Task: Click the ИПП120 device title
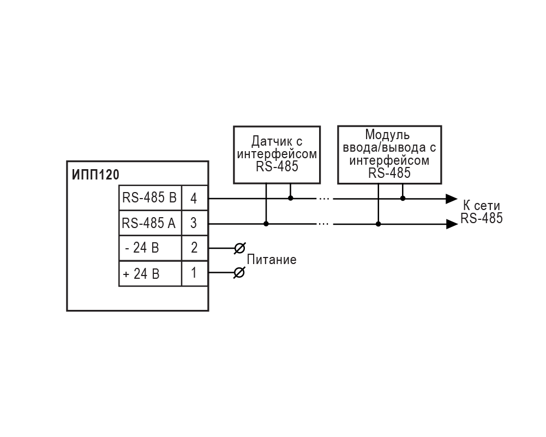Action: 95,175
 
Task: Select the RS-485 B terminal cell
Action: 150,198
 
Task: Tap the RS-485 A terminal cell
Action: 150,223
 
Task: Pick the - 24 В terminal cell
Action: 150,248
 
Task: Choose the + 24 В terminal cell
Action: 150,273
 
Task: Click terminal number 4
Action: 194,198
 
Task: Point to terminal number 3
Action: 194,223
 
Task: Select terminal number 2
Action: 194,248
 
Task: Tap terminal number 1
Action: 194,273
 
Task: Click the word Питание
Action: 272,260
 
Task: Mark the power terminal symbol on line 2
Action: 239,248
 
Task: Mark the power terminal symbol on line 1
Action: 239,273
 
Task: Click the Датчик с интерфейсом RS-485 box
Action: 277,154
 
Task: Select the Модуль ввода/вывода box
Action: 389,154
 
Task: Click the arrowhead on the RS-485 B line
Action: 451,198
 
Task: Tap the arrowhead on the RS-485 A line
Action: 451,224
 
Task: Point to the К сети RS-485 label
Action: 481,212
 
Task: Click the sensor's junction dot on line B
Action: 291,198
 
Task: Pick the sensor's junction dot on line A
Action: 266,224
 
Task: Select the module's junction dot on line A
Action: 379,224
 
